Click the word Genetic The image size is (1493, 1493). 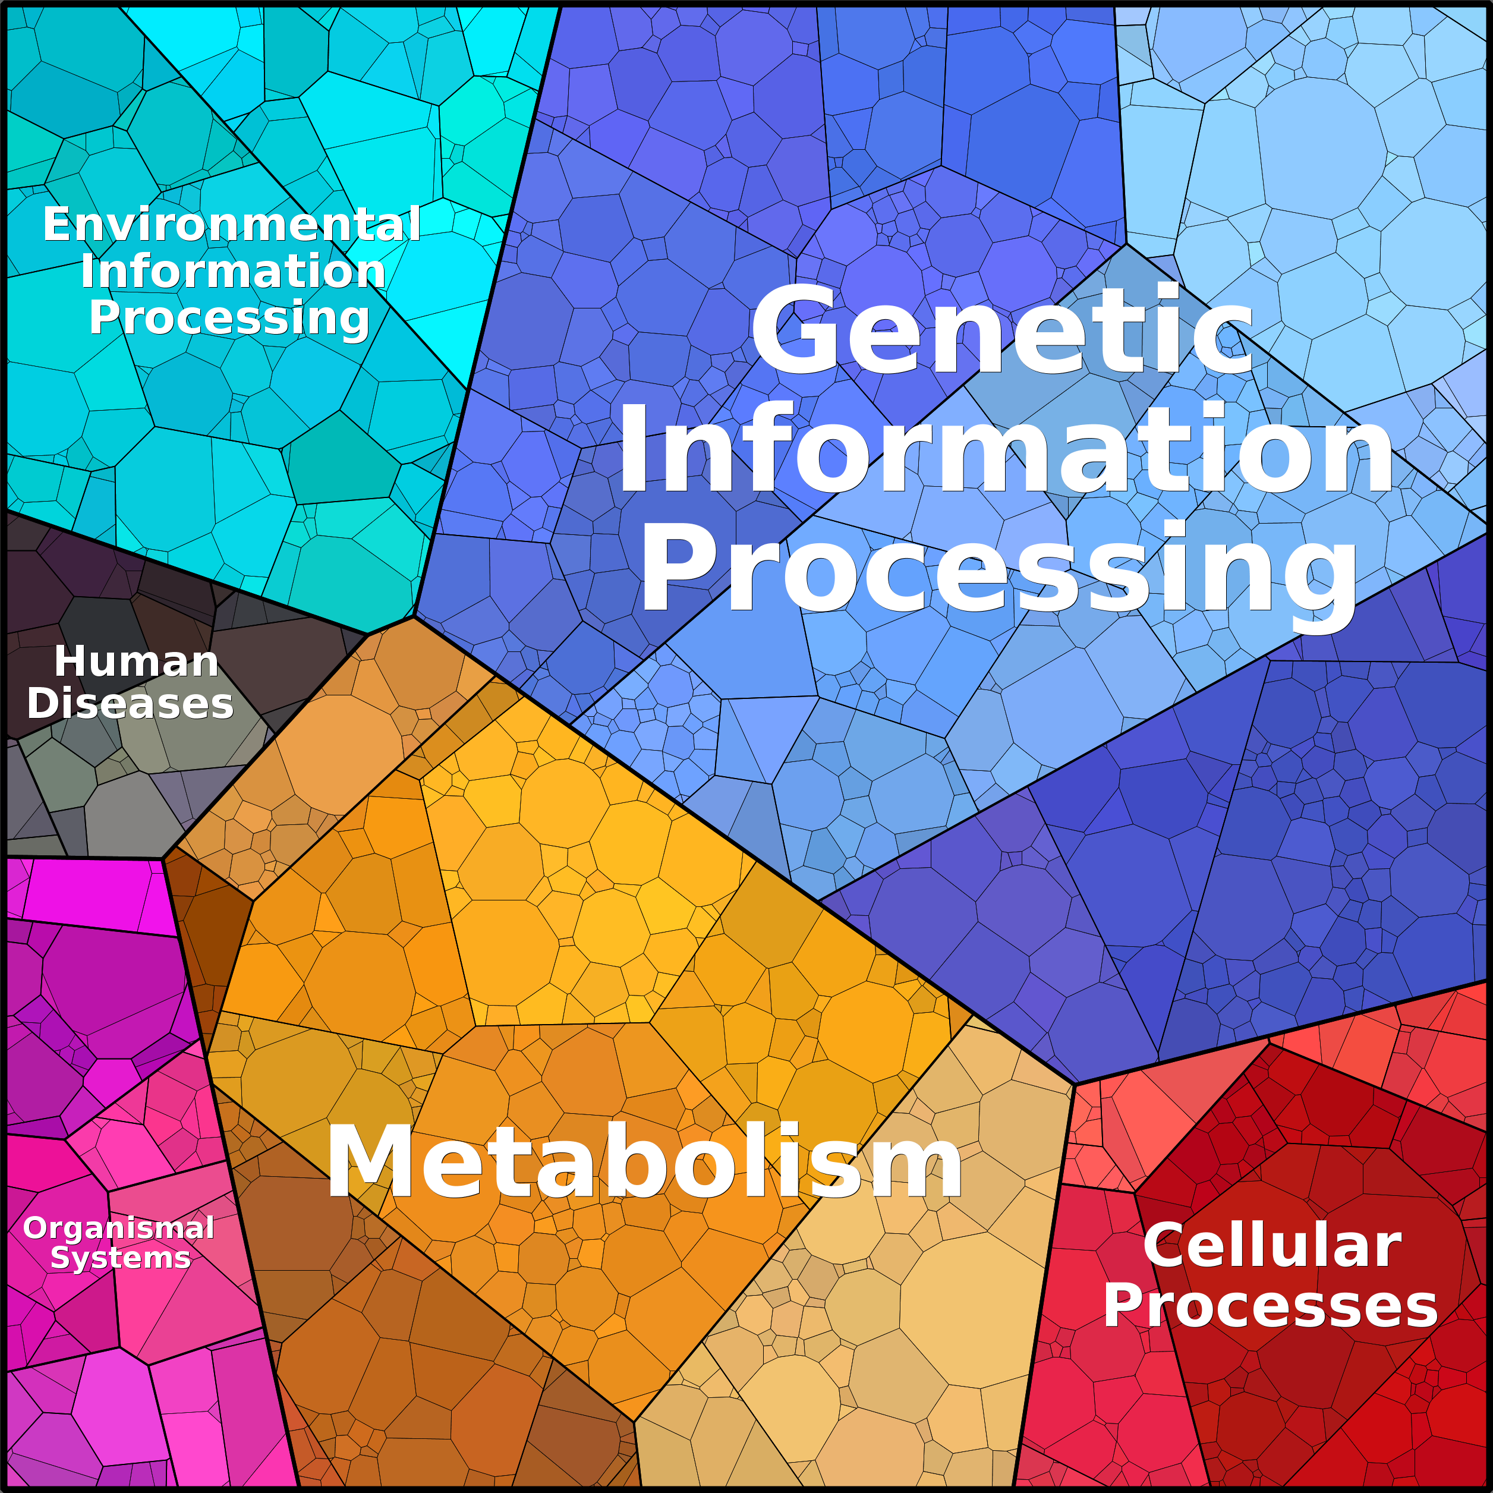pyautogui.click(x=1002, y=330)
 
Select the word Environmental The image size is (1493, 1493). pyautogui.click(x=232, y=224)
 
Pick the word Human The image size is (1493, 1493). pyautogui.click(x=137, y=662)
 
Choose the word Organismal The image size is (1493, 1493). pyautogui.click(x=119, y=1229)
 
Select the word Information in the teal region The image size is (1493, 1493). pyautogui.click(x=234, y=270)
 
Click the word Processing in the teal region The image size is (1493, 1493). pyautogui.click(x=229, y=319)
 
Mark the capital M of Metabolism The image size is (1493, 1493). pyautogui.click(x=366, y=1161)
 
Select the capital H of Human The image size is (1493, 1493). pyautogui.click(x=70, y=662)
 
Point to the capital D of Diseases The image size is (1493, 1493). pyautogui.click(x=44, y=704)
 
